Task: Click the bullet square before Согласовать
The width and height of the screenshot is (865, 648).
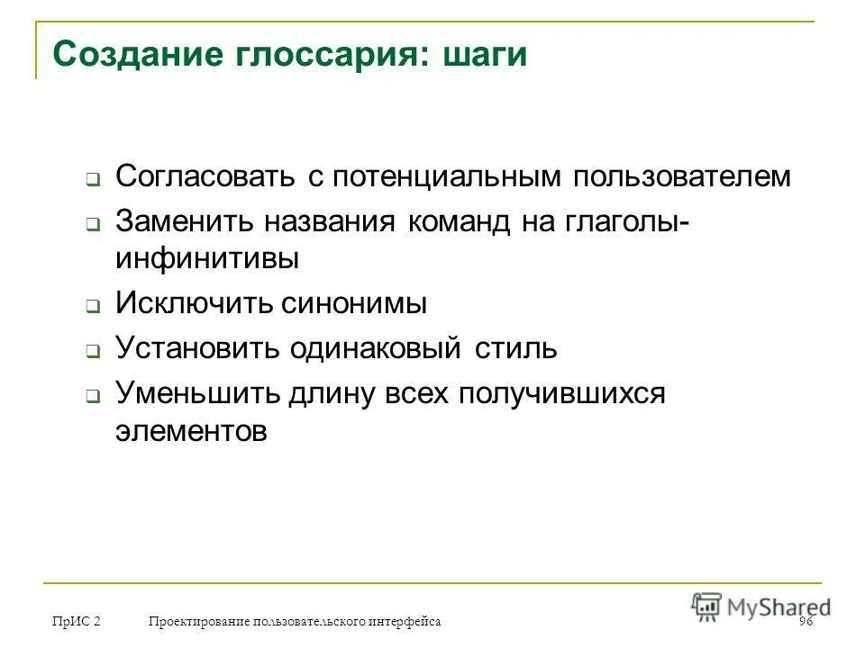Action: click(92, 180)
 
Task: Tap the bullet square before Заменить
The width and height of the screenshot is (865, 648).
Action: click(92, 225)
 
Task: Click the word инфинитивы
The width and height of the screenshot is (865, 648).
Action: click(206, 258)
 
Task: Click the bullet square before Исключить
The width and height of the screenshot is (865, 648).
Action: click(92, 307)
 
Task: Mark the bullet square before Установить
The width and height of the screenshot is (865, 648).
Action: click(92, 353)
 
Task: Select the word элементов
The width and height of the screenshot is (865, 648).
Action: click(191, 430)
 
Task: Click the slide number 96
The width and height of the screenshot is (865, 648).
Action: click(806, 622)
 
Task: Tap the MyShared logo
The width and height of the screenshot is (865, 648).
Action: click(760, 606)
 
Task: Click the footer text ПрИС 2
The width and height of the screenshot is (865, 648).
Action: click(76, 622)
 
